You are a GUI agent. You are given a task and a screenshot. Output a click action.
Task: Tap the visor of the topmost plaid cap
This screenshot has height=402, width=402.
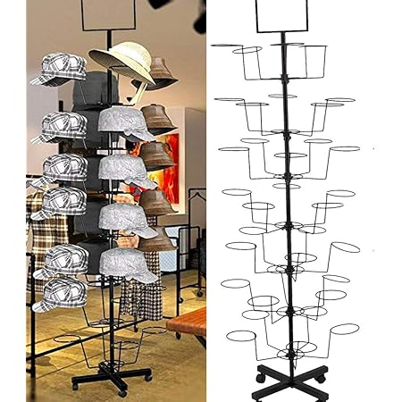pos(41,80)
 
